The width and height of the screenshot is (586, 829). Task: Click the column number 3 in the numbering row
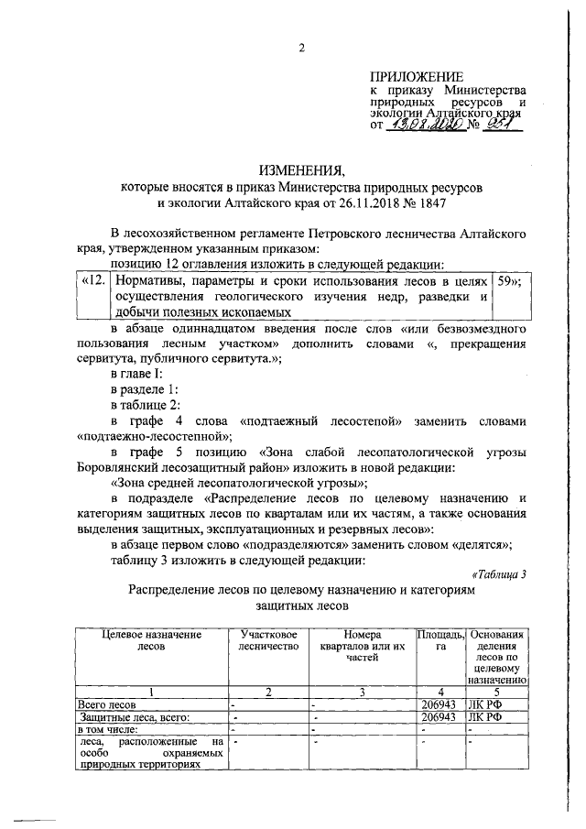tap(362, 692)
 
